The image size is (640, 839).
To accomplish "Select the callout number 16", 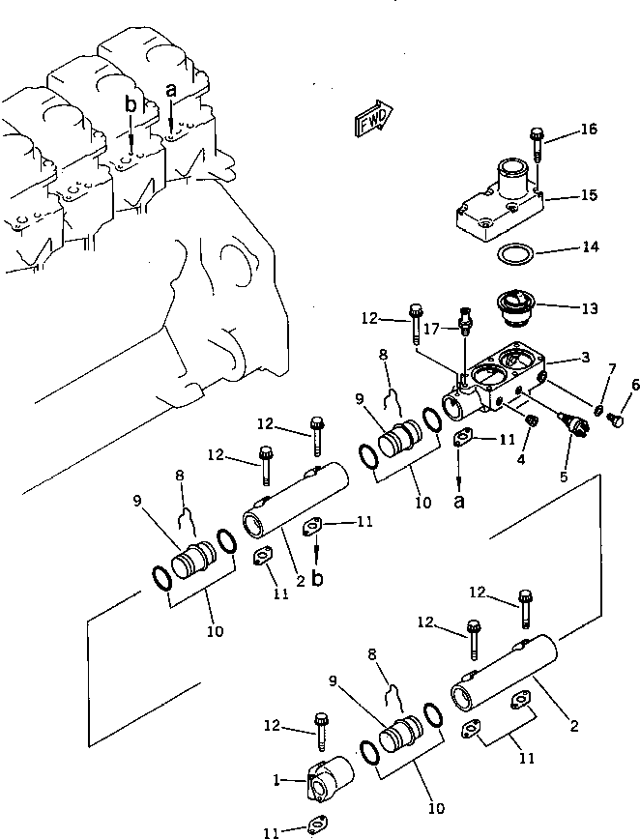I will click(x=590, y=130).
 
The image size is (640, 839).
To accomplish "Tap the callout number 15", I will click(x=589, y=196).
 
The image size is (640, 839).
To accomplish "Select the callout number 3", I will click(x=585, y=359).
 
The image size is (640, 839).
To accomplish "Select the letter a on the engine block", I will click(x=171, y=90).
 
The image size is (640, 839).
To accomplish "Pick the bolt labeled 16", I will click(x=537, y=145).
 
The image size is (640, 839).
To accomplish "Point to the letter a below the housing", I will click(x=460, y=501).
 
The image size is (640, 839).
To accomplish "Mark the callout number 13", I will click(x=588, y=309).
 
